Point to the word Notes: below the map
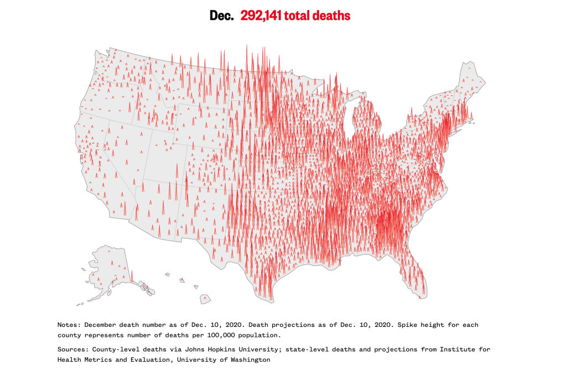tap(69, 325)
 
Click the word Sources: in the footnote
tap(73, 350)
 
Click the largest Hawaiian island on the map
tap(205, 299)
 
